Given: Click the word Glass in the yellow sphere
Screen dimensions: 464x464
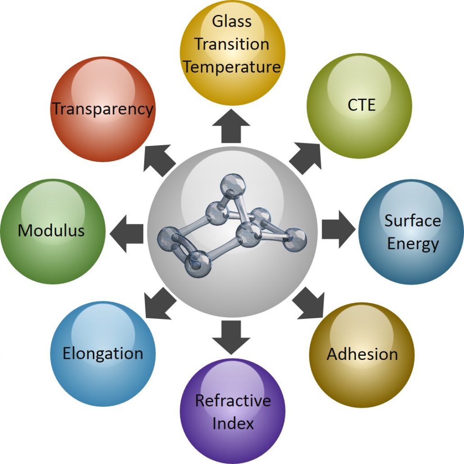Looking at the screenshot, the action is [x=232, y=22].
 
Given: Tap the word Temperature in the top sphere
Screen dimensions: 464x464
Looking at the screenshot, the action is [x=232, y=67].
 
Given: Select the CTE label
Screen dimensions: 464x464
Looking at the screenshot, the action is [x=361, y=105].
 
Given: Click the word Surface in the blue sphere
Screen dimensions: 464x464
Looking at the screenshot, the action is [x=413, y=221].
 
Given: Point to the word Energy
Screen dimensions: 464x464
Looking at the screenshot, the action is [x=413, y=245].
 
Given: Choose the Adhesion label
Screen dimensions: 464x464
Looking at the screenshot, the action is [x=362, y=354].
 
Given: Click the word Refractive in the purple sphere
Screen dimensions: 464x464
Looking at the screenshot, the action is [x=233, y=400].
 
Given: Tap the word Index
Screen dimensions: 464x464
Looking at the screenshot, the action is [x=233, y=423].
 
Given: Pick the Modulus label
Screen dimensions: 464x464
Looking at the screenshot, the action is [x=51, y=230].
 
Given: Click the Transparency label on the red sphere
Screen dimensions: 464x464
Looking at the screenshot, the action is [x=103, y=109].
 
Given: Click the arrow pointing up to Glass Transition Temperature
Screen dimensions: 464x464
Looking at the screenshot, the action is [x=231, y=126].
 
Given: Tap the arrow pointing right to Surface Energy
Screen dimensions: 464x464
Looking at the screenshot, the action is [x=338, y=230].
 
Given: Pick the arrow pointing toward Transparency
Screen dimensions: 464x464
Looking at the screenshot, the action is [x=159, y=159].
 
